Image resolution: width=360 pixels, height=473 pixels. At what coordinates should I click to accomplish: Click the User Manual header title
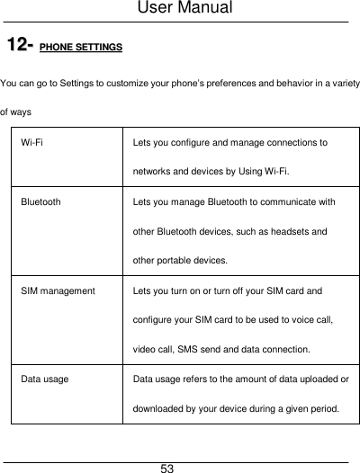(180, 9)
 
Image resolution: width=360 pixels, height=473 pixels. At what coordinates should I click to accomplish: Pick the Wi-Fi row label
(36, 143)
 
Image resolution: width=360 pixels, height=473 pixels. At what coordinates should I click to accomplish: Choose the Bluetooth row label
(41, 202)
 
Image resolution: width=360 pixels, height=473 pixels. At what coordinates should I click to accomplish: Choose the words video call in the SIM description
(154, 349)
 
